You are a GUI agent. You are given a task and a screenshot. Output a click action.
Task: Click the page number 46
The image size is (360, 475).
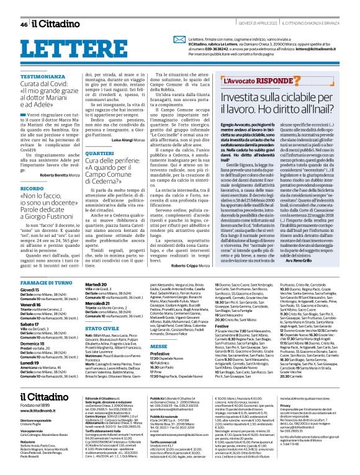click(x=24, y=24)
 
